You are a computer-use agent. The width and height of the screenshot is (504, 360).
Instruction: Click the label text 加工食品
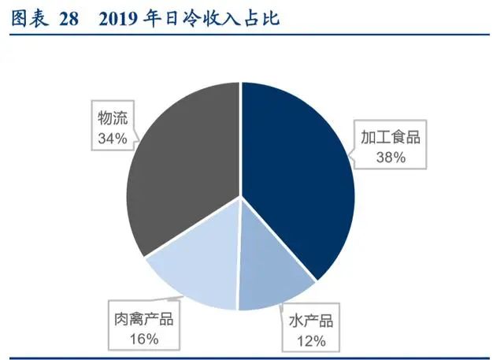(391, 136)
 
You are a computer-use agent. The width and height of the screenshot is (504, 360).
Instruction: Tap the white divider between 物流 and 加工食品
(239, 134)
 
